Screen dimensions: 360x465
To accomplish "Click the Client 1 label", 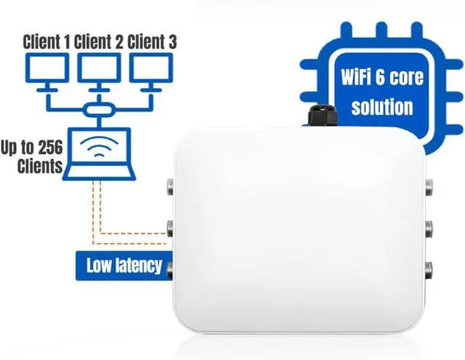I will pos(46,41).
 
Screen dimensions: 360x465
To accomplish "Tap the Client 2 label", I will pos(99,41).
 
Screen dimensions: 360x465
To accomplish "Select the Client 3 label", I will pos(152,41).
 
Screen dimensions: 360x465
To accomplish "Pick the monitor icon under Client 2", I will pos(99,69).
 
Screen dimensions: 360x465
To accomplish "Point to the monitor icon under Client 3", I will pos(152,69).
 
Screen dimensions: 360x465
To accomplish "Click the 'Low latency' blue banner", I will pos(124,265).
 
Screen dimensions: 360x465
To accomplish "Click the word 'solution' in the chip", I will pos(381,108).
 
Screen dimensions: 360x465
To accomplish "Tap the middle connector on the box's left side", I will pos(170,229).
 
